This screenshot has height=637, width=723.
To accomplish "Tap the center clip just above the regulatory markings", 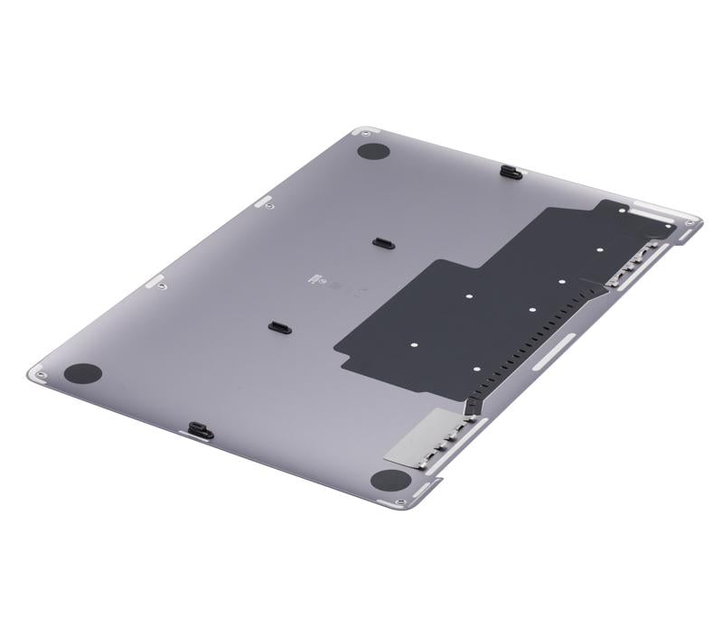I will coord(381,242).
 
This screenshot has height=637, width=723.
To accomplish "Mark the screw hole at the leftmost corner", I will coord(39,371).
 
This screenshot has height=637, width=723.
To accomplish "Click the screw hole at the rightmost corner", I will coord(692,220).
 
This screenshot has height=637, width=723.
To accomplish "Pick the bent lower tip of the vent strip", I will coord(471,405).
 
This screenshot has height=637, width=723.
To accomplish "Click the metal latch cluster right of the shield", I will coord(633,262).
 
